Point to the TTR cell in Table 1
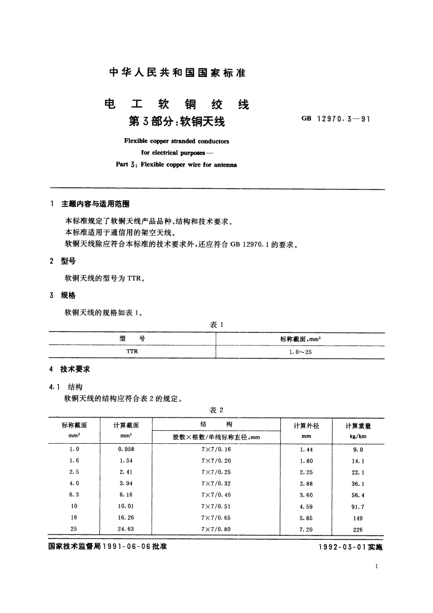(132, 352)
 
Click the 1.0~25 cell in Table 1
(300, 352)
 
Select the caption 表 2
(217, 410)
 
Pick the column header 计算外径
(306, 425)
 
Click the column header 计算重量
(358, 426)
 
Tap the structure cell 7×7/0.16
(216, 450)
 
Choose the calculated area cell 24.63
(125, 529)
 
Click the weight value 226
(358, 529)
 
